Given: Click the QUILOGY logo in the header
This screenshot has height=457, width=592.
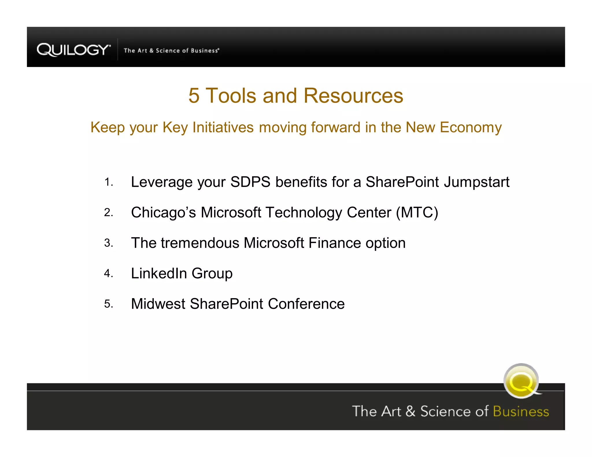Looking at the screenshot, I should pos(73,50).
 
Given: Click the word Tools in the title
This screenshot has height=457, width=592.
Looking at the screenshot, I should pos(231,96).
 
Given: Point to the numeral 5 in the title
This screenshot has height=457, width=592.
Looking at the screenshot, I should pos(194,96).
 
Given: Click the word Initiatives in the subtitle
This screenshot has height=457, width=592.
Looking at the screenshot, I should pos(223,127).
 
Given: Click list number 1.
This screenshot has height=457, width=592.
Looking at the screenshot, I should pos(108,182).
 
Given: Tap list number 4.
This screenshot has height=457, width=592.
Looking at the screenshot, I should pos(108,273).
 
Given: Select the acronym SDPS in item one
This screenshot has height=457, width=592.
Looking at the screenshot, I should pos(250,182).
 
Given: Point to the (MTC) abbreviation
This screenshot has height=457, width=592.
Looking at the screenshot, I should pos(417,213).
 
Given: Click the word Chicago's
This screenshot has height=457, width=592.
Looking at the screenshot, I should pos(163,213).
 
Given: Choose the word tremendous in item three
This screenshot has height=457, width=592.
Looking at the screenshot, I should pos(200,243).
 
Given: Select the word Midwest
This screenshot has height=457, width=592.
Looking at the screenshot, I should pos(158,304).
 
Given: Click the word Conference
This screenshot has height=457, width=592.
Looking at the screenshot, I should pos(306,304).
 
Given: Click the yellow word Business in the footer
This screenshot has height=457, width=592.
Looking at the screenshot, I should pos(521,411).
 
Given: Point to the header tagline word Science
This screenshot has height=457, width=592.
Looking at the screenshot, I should pos(168,51).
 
